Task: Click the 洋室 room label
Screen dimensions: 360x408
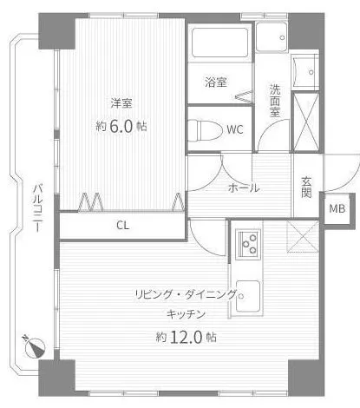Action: (121, 103)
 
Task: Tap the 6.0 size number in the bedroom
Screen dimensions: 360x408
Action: (121, 127)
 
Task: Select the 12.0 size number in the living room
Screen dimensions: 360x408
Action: (186, 337)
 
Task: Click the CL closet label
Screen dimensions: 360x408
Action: (123, 225)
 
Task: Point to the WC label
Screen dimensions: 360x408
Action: (235, 129)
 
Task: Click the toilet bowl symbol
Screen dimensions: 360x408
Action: (205, 131)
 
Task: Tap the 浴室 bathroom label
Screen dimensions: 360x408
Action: (216, 82)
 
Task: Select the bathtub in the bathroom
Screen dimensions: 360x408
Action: (219, 43)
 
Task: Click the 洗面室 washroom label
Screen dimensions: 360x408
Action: (275, 101)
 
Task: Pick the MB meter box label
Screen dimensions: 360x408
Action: (337, 208)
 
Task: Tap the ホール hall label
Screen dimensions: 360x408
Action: (244, 188)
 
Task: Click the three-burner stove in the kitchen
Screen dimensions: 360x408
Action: (248, 243)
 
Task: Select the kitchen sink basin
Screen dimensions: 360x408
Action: (248, 295)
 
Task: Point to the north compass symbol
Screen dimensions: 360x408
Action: (34, 346)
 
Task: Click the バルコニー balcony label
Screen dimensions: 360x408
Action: (38, 207)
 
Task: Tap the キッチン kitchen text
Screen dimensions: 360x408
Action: (186, 314)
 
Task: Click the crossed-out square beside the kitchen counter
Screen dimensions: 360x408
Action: (303, 236)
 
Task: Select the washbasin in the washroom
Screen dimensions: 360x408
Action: (305, 71)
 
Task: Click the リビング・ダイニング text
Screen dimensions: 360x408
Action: (186, 295)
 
